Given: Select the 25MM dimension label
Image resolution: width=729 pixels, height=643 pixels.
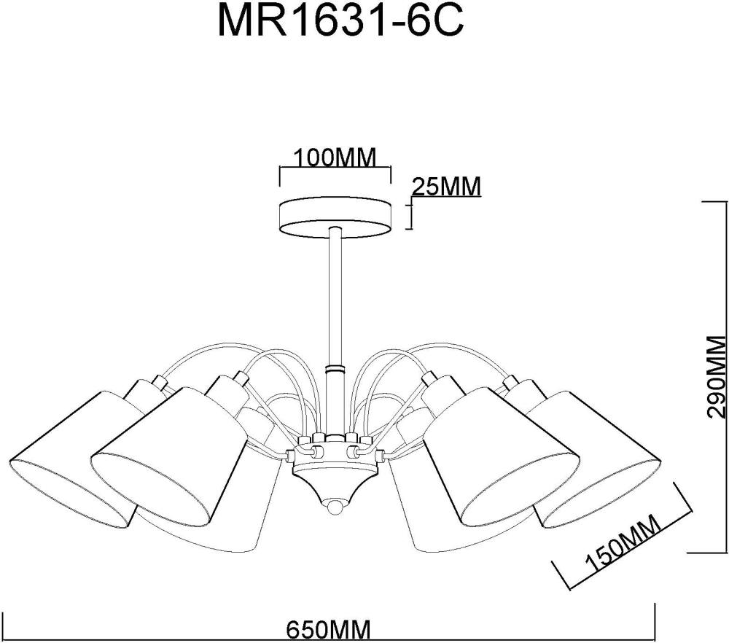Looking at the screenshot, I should point(446,187).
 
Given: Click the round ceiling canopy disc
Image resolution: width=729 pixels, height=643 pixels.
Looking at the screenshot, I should point(335,216).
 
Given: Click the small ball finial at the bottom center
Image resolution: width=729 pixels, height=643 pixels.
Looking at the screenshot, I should point(335,504).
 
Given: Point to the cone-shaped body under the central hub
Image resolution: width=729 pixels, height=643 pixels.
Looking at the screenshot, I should point(335,481).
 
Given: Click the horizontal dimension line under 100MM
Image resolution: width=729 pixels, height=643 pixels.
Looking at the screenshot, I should point(335,168).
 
